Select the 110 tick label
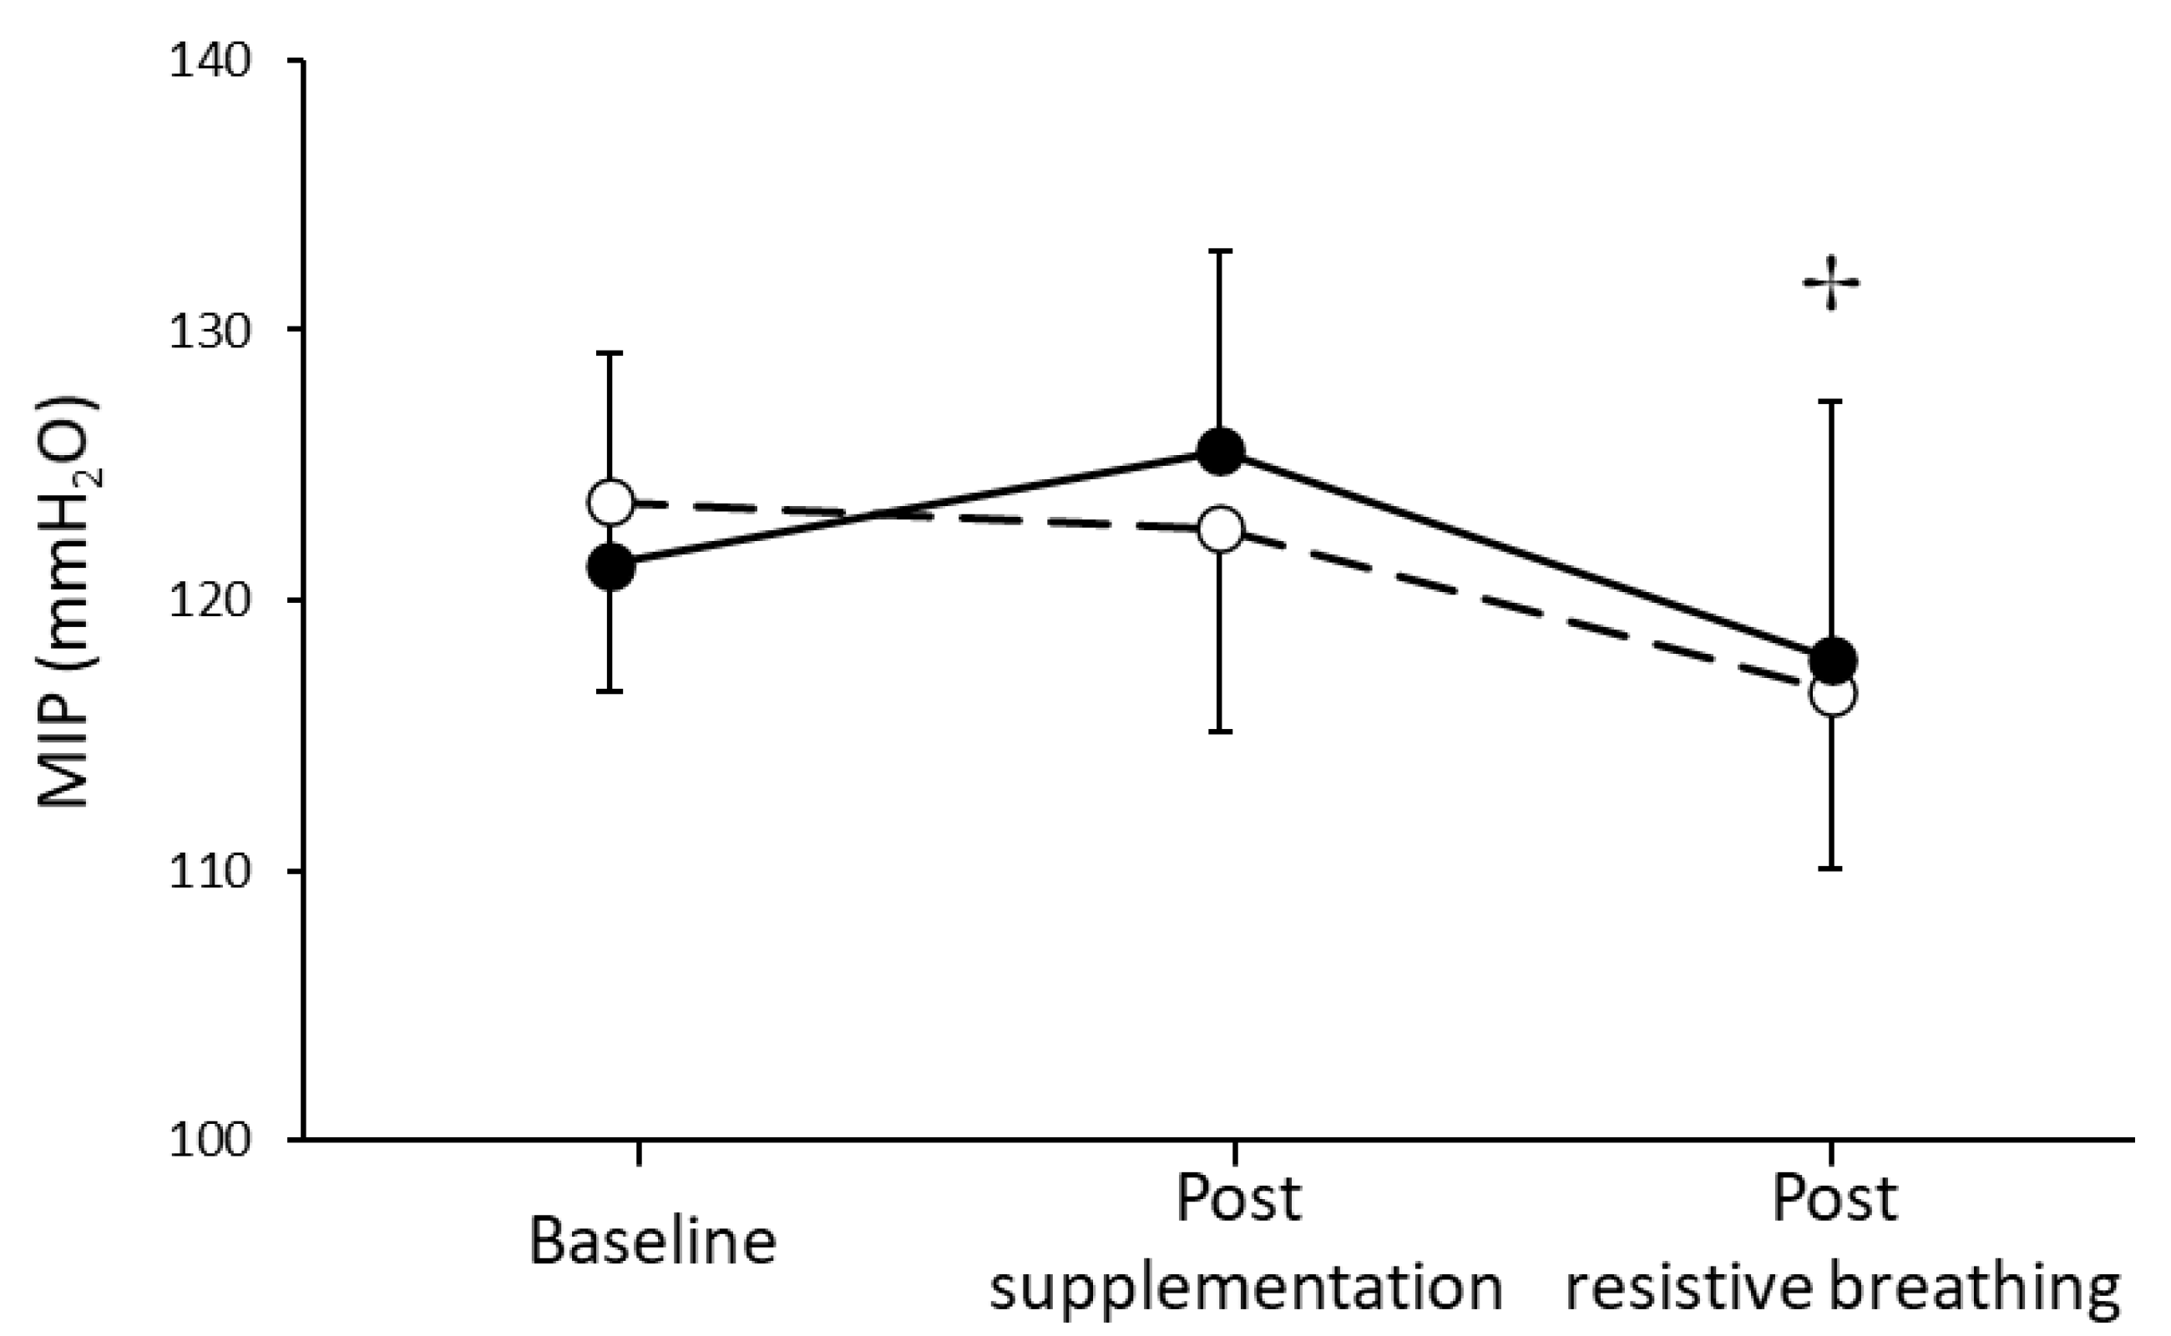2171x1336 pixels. click(210, 872)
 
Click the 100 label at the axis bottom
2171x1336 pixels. click(210, 1141)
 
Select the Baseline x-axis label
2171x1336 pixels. click(652, 1242)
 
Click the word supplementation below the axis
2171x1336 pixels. click(1246, 1288)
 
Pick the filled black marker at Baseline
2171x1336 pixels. click(610, 566)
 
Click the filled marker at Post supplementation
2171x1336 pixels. click(1220, 453)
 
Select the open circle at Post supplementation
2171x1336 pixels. click(1220, 529)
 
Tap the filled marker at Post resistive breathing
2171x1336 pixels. click(1833, 659)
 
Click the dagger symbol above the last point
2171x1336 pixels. click(1831, 283)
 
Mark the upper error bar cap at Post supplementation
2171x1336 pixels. click(1220, 251)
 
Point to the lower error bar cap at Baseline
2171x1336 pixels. click(610, 691)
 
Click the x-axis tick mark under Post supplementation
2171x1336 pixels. click(1235, 1152)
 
